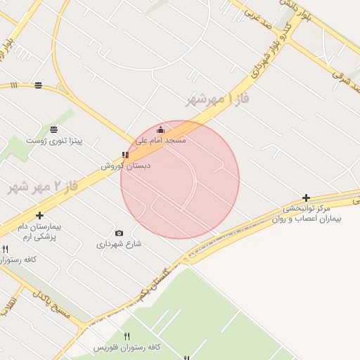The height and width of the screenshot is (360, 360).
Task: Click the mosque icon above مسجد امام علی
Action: (x=160, y=129)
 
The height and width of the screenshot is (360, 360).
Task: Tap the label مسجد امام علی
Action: (x=161, y=140)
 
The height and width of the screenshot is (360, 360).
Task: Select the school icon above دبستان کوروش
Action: (x=125, y=155)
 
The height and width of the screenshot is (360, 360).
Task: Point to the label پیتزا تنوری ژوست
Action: (x=54, y=141)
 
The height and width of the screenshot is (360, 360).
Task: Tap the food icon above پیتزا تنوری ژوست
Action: (x=54, y=129)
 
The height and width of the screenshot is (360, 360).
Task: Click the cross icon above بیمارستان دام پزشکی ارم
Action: (x=39, y=215)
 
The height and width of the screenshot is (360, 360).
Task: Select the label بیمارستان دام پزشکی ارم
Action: (x=39, y=232)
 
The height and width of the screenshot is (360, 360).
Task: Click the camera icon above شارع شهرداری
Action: (x=119, y=233)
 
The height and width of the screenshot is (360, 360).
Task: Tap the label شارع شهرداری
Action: (x=119, y=244)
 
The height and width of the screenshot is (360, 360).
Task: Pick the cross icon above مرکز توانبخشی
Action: (x=306, y=198)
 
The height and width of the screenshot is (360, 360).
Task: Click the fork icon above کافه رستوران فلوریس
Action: (x=127, y=336)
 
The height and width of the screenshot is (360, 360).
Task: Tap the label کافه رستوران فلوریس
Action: (x=127, y=347)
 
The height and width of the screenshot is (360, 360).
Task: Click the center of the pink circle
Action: (x=180, y=179)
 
